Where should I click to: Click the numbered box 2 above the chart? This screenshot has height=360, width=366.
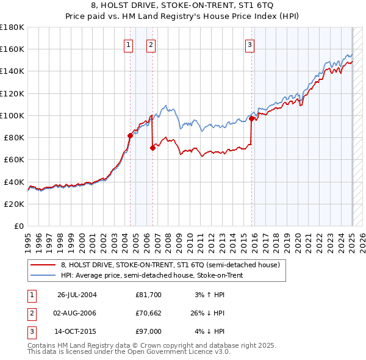pyautogui.click(x=151, y=44)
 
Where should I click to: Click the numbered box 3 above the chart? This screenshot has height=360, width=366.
pyautogui.click(x=250, y=44)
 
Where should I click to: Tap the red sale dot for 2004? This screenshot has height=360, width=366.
pyautogui.click(x=130, y=135)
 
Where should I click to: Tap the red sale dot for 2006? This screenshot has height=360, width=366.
pyautogui.click(x=152, y=148)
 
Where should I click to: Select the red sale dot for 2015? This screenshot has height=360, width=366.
pyautogui.click(x=251, y=118)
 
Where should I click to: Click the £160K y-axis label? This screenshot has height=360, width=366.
pyautogui.click(x=12, y=49)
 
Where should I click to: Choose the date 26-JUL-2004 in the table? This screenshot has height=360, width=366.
pyautogui.click(x=77, y=295)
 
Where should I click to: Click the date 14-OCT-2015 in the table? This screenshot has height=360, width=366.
pyautogui.click(x=77, y=331)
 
